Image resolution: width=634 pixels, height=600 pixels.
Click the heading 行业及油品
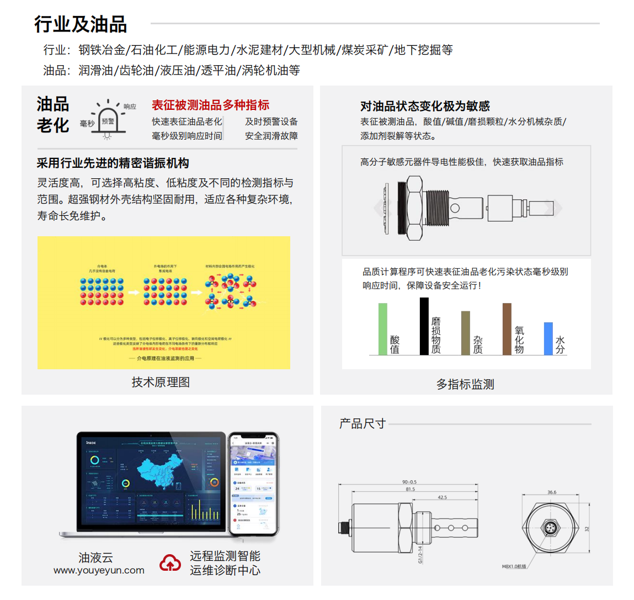pyautogui.click(x=81, y=24)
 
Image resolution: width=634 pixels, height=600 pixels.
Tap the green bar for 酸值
pyautogui.click(x=382, y=329)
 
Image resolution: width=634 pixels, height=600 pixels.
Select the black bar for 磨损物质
pyautogui.click(x=424, y=326)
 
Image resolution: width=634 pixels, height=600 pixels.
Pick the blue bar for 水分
pyautogui.click(x=548, y=338)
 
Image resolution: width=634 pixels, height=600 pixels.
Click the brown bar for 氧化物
pyautogui.click(x=507, y=329)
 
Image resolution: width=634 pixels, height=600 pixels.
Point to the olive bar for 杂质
pyautogui.click(x=465, y=333)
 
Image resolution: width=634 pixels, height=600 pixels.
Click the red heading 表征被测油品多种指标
pyautogui.click(x=210, y=105)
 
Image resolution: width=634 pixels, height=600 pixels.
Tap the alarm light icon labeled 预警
pyautogui.click(x=108, y=122)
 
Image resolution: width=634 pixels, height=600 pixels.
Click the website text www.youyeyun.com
pyautogui.click(x=99, y=571)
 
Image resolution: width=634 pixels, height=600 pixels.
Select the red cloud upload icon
pyautogui.click(x=171, y=563)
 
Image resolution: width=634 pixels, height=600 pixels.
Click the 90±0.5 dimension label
pyautogui.click(x=409, y=482)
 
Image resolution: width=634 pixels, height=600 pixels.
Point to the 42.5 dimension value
pyautogui.click(x=442, y=497)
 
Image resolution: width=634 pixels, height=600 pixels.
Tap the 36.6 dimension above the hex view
pyautogui.click(x=552, y=492)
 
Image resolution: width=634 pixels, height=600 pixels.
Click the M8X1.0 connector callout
pyautogui.click(x=514, y=566)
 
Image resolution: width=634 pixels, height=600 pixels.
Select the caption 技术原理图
pyautogui.click(x=161, y=382)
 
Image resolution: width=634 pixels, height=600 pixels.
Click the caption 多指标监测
pyautogui.click(x=465, y=384)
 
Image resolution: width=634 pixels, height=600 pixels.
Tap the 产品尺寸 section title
pyautogui.click(x=362, y=423)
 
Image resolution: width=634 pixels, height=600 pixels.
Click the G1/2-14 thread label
pyautogui.click(x=420, y=554)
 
